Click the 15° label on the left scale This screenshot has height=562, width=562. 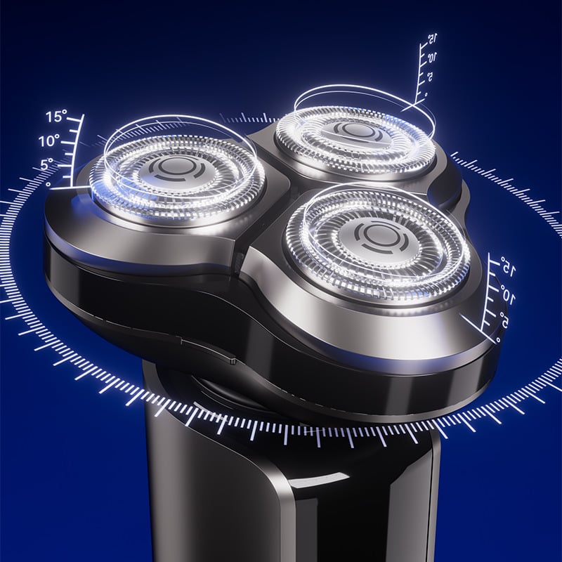pyautogui.click(x=56, y=116)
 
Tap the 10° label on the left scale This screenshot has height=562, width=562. pyautogui.click(x=48, y=141)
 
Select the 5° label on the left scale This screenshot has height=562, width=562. pyautogui.click(x=46, y=164)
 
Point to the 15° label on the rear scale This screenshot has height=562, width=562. pyautogui.click(x=432, y=39)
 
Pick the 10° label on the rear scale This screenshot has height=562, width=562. pyautogui.click(x=431, y=58)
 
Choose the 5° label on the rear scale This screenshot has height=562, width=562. pyautogui.click(x=429, y=77)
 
